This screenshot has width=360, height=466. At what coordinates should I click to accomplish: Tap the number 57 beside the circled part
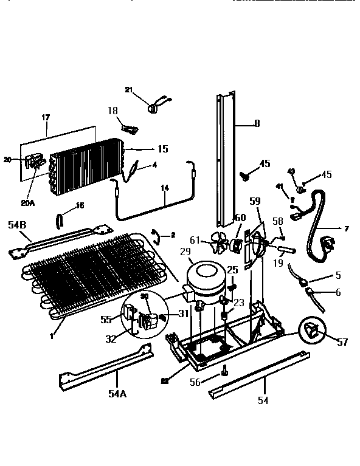tap(342, 343)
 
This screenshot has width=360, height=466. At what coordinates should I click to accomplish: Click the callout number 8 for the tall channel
tap(257, 124)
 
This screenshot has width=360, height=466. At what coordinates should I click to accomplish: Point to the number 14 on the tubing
tap(164, 188)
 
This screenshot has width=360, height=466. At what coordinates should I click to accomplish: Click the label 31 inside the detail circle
tap(183, 313)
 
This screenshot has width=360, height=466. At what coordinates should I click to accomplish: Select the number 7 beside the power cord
tap(347, 229)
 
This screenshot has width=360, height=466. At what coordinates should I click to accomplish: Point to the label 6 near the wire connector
tap(337, 292)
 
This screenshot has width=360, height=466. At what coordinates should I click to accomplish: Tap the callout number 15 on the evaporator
tap(162, 149)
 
